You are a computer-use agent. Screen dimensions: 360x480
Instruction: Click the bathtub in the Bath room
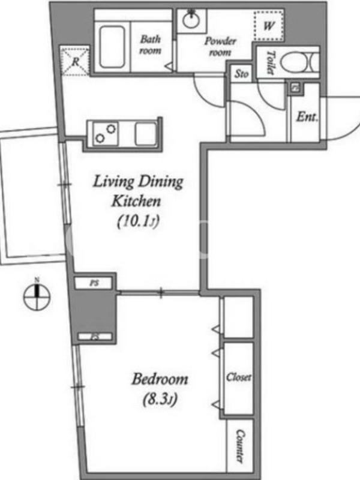coord(112,47)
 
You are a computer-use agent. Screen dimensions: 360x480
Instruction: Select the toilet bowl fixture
coord(296,62)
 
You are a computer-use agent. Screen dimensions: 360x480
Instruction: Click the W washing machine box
coord(268,26)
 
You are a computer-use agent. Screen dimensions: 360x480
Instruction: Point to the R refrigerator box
coord(74,61)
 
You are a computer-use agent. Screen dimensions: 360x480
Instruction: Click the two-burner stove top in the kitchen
coord(106,133)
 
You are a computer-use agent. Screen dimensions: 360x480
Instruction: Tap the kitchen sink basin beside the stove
coord(146,133)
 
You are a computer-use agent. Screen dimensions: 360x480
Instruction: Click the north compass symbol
coord(37,295)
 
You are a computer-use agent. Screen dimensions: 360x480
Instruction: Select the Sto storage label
coord(242,74)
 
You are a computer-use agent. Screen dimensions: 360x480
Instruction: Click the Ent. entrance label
coord(307,116)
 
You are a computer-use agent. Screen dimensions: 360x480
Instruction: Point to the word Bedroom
coord(160,379)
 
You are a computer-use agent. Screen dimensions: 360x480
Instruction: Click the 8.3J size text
coord(160,400)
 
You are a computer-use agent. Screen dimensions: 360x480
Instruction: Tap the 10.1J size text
coord(139,221)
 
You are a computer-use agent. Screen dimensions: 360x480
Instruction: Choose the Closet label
coord(239,377)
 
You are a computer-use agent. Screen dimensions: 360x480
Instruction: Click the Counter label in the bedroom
coord(241,446)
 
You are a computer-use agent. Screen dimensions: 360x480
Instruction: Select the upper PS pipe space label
coord(95,283)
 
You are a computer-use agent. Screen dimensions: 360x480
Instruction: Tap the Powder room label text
coord(220,47)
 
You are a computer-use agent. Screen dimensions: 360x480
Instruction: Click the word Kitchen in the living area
coord(136,202)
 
